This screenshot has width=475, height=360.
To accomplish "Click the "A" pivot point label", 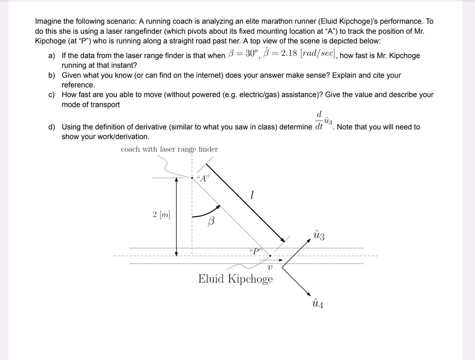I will (203, 178).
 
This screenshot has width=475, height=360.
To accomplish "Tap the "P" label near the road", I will (256, 251).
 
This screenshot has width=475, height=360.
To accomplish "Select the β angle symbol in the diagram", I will (211, 221).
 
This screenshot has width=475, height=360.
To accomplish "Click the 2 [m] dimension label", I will (161, 214).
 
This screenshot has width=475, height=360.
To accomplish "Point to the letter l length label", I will (252, 195).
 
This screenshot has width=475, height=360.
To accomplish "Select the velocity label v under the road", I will (270, 267).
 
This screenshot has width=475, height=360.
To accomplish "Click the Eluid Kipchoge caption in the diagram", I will (235, 279).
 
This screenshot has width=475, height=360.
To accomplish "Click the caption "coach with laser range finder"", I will (169, 149).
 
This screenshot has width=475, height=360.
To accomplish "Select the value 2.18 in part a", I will (289, 54).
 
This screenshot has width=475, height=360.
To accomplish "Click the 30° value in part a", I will (252, 54).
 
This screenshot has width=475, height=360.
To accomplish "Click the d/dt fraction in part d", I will (319, 120).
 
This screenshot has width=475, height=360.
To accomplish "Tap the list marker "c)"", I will (51, 95).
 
